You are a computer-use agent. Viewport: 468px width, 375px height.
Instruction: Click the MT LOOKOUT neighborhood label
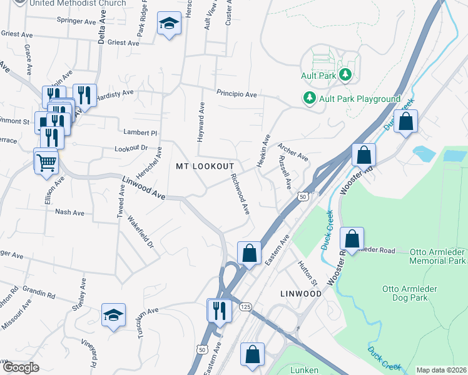coord(205,166)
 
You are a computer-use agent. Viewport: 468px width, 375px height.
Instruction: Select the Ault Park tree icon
coord(345,76)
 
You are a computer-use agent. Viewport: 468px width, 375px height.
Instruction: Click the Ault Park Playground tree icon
coord(309,98)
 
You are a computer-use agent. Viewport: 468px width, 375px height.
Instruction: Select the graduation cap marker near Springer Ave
coord(168,24)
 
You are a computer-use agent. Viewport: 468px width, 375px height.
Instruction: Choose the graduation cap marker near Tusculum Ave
coord(114,316)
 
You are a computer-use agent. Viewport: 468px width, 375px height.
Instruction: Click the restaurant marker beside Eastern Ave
coord(218,311)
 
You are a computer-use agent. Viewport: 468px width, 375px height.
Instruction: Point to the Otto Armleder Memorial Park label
coord(438,255)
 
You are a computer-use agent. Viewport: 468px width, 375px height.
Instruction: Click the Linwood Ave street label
coord(143,188)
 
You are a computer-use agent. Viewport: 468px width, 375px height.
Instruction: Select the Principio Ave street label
coord(237,94)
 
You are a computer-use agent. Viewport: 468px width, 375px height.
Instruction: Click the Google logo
coord(21,367)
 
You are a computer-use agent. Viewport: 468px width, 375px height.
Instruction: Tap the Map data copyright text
coord(441,370)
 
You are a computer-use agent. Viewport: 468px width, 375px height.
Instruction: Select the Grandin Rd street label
coord(39,292)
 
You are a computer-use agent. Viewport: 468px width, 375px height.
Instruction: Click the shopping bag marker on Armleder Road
coord(352,239)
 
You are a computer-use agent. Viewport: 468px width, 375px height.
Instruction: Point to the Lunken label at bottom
coord(304,370)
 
